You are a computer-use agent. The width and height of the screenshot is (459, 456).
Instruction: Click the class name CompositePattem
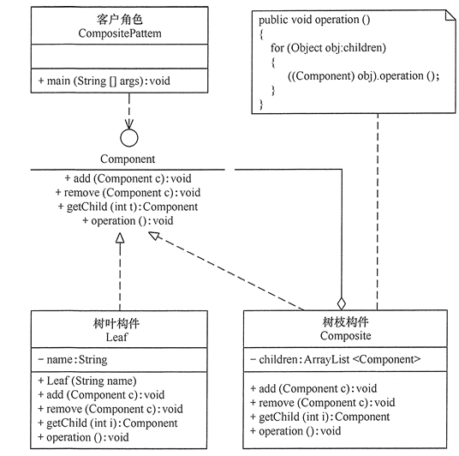tap(120, 33)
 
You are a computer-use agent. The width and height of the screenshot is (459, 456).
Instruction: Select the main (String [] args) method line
tap(104, 81)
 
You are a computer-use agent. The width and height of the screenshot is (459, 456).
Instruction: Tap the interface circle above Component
tap(129, 138)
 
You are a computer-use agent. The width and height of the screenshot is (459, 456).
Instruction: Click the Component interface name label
tap(128, 159)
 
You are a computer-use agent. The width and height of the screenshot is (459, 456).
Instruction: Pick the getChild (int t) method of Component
tap(128, 207)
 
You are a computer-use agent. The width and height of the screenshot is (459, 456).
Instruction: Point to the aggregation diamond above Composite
tap(342, 303)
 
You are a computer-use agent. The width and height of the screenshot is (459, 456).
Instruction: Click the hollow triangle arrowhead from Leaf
tap(120, 238)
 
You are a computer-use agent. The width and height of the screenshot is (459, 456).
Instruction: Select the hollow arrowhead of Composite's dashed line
tap(154, 236)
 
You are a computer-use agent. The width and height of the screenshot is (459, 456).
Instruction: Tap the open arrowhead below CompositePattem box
tap(129, 123)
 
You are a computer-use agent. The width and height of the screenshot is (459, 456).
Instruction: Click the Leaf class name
tap(116, 337)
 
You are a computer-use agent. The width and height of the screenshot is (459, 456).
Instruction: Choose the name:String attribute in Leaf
tap(73, 360)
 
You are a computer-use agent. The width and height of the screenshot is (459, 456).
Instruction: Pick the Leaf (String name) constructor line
tap(87, 381)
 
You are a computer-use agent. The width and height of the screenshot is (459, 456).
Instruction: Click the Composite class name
tap(345, 335)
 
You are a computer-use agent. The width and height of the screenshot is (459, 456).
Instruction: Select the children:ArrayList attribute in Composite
tap(336, 359)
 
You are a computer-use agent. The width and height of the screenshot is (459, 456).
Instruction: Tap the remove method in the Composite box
tap(323, 403)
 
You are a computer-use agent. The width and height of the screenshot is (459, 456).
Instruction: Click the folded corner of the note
tap(450, 15)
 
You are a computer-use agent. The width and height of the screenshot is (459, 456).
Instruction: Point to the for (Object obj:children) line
tap(328, 48)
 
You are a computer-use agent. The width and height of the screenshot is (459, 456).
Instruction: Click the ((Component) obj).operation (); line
tap(363, 76)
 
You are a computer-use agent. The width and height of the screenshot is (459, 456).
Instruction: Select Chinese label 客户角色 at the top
tap(120, 20)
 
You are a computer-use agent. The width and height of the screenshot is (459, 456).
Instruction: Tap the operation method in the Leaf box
tap(83, 437)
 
